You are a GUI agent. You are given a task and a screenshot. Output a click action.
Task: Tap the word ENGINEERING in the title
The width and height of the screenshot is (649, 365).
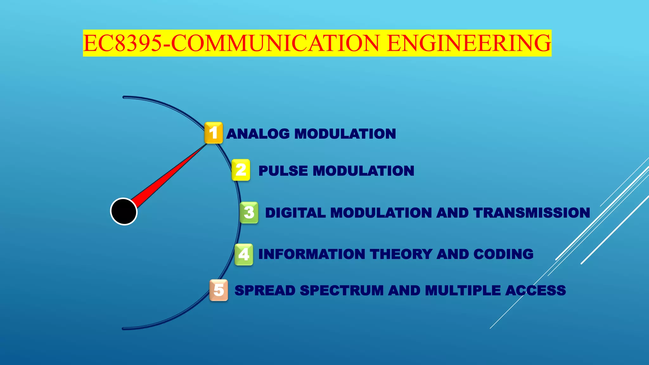tap(469, 43)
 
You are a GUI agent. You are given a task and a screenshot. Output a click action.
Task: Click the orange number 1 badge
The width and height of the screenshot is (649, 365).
tap(214, 133)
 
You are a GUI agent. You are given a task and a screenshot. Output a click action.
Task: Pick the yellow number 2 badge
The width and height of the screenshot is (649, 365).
tap(241, 170)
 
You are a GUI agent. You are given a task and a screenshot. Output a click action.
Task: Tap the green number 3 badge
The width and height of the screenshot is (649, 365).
tap(249, 213)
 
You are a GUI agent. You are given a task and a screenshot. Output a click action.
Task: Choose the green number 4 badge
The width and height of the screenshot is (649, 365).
tap(244, 254)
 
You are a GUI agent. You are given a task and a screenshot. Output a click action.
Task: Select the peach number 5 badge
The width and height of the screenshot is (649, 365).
tap(219, 290)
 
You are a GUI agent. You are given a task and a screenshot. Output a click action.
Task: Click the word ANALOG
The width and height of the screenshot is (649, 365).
tap(258, 134)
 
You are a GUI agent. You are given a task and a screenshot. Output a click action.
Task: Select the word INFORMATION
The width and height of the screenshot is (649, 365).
tap(312, 254)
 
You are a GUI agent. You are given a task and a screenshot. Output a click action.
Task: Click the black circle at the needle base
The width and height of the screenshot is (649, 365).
tap(124, 211)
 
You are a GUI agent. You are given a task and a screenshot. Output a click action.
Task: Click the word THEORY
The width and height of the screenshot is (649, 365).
tap(401, 254)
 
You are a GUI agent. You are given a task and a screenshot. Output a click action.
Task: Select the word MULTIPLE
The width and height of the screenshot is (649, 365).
tap(462, 291)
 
